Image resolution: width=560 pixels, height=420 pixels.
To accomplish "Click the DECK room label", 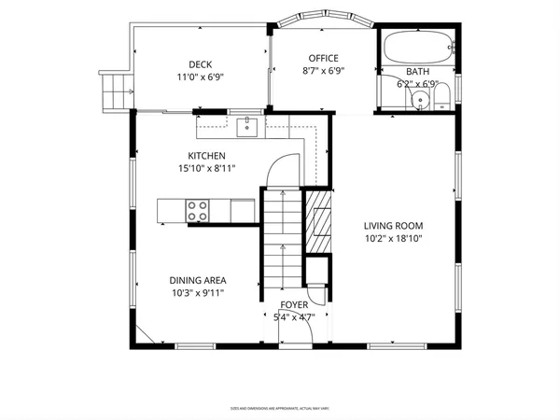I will (x=200, y=64).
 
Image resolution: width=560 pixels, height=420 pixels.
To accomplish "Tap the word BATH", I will (x=417, y=72).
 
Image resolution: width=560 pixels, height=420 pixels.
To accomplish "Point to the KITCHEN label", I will (x=206, y=156).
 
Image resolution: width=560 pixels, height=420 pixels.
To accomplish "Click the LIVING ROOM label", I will (x=394, y=225).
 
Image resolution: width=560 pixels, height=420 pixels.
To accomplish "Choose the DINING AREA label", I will (x=198, y=280).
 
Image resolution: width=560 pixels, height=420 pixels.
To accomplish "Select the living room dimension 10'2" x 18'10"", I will (x=394, y=238).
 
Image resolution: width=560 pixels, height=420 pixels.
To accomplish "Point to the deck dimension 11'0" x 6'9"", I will (x=200, y=77).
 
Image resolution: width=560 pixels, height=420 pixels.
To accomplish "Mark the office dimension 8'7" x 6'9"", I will (x=323, y=71).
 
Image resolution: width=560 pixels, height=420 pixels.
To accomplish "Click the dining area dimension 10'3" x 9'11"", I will (x=198, y=293).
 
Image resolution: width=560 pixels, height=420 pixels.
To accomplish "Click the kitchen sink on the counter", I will (x=248, y=125).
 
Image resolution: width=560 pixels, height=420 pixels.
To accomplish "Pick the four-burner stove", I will (x=198, y=211).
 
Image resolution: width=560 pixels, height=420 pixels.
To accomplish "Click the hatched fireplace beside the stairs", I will (x=319, y=225).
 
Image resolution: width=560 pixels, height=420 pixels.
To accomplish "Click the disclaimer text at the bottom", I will (x=280, y=408).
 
